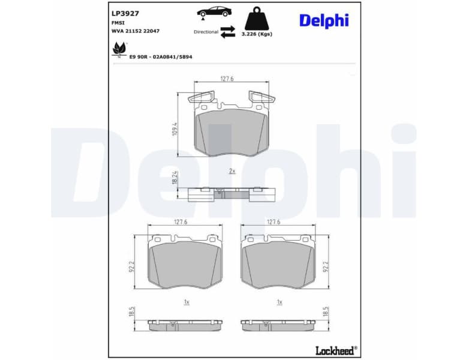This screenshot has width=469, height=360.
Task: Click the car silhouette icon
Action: tap(212, 13)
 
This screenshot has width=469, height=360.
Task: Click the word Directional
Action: tap(206, 32)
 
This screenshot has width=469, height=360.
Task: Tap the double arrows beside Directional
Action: tap(228, 32)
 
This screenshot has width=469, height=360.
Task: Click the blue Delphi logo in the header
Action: tap(324, 20)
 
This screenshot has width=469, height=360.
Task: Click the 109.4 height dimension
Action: tap(175, 128)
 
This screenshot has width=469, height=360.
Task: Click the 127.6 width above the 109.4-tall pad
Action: tap(227, 79)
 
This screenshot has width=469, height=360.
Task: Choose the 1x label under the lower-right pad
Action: tap(279, 302)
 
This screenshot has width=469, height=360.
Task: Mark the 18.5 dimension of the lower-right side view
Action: tap(326, 313)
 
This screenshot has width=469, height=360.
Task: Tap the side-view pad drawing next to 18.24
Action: tap(232, 194)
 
